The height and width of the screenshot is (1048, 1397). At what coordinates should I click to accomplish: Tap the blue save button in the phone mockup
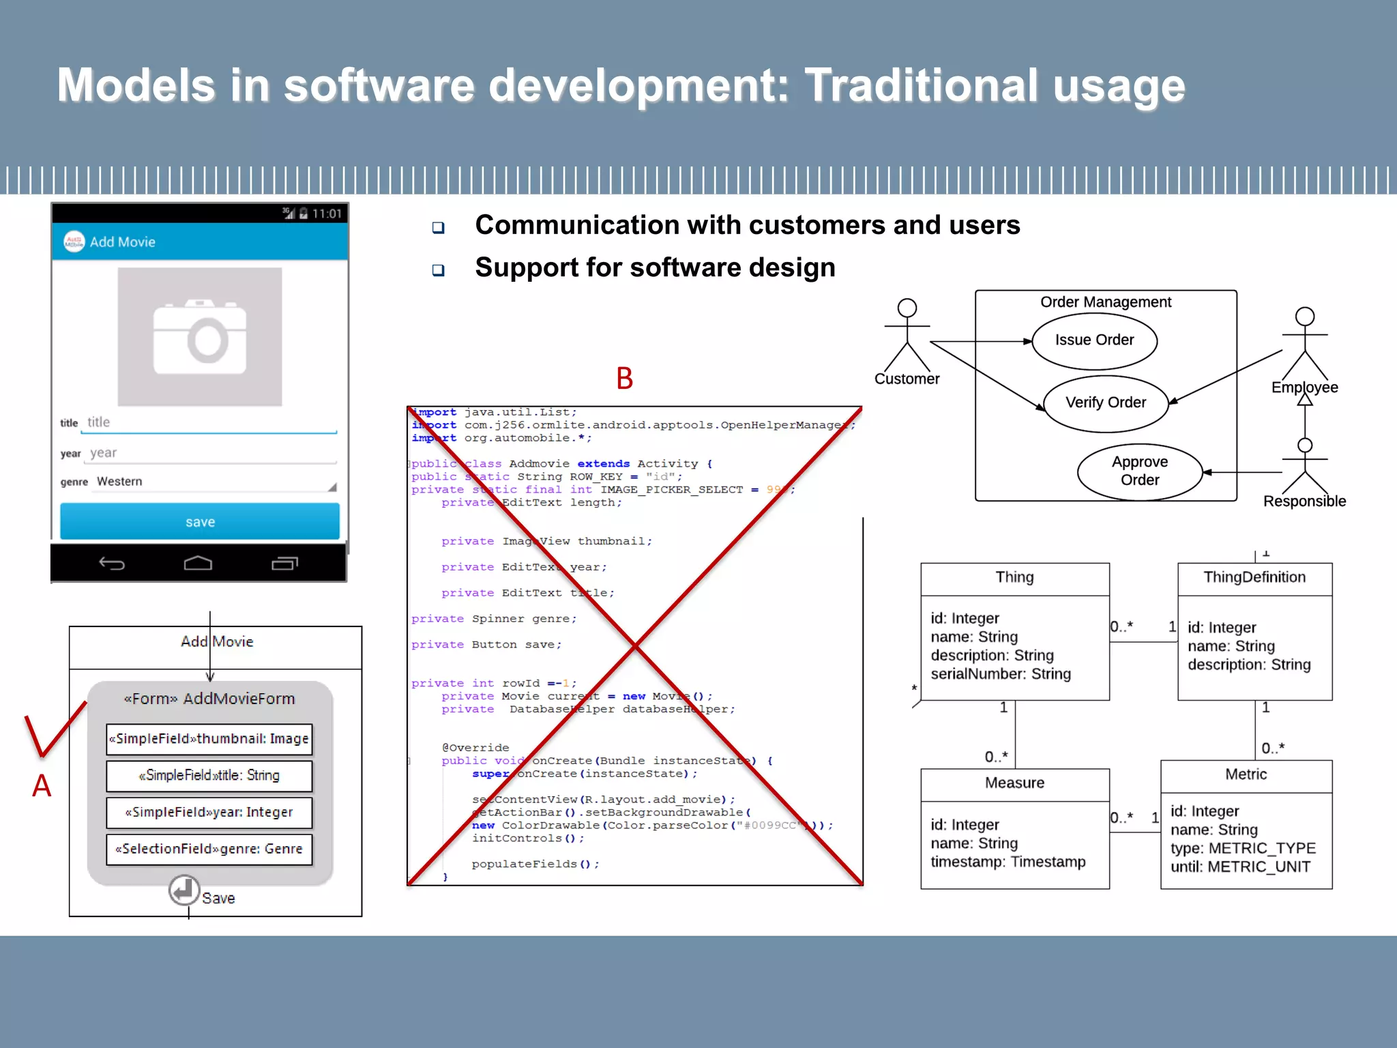[x=200, y=522]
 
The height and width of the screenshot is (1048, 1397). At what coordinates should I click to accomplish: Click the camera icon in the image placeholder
[x=200, y=337]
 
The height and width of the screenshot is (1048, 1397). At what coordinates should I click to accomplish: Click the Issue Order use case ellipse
[x=1094, y=340]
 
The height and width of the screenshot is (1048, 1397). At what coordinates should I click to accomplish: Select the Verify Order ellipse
[x=1106, y=403]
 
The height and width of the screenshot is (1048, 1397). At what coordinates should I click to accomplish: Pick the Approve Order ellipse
[x=1139, y=471]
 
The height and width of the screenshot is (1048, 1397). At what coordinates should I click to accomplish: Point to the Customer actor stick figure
[x=907, y=334]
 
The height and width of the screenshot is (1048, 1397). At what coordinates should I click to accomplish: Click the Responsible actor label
[x=1304, y=501]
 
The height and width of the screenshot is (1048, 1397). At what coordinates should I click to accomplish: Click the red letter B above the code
[x=624, y=379]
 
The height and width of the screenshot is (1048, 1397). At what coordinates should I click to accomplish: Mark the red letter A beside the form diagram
[x=42, y=786]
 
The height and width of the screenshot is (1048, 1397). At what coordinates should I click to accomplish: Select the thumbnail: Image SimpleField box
[x=209, y=739]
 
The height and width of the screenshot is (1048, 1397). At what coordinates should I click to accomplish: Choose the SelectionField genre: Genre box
[x=209, y=849]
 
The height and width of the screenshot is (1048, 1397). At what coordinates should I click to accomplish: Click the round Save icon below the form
[x=184, y=890]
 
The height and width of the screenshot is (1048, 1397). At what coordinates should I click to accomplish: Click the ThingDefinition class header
[x=1254, y=578]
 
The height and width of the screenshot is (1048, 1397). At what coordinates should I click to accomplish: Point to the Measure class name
[x=1014, y=783]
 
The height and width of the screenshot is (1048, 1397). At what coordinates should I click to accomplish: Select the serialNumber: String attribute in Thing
[x=1000, y=674]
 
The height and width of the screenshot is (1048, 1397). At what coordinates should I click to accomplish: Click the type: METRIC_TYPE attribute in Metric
[x=1243, y=849]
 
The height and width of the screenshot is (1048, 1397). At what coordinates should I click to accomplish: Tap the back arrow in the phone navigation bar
[x=112, y=563]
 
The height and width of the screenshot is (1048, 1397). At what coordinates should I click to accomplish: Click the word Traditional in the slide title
[x=921, y=86]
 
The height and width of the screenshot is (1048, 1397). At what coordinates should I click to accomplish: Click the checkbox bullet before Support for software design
[x=439, y=270]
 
